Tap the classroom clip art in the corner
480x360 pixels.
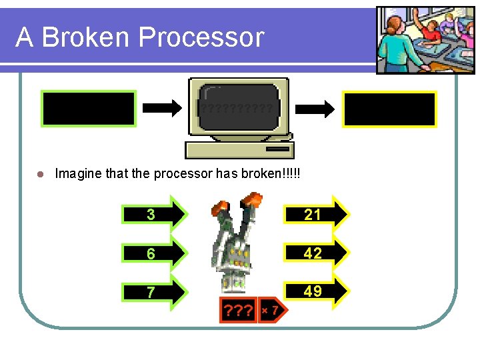pos(417,41)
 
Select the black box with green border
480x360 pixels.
pos(89,109)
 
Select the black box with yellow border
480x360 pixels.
pos(389,109)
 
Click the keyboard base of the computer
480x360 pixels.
pos(239,149)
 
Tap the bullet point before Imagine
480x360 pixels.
pos(40,174)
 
